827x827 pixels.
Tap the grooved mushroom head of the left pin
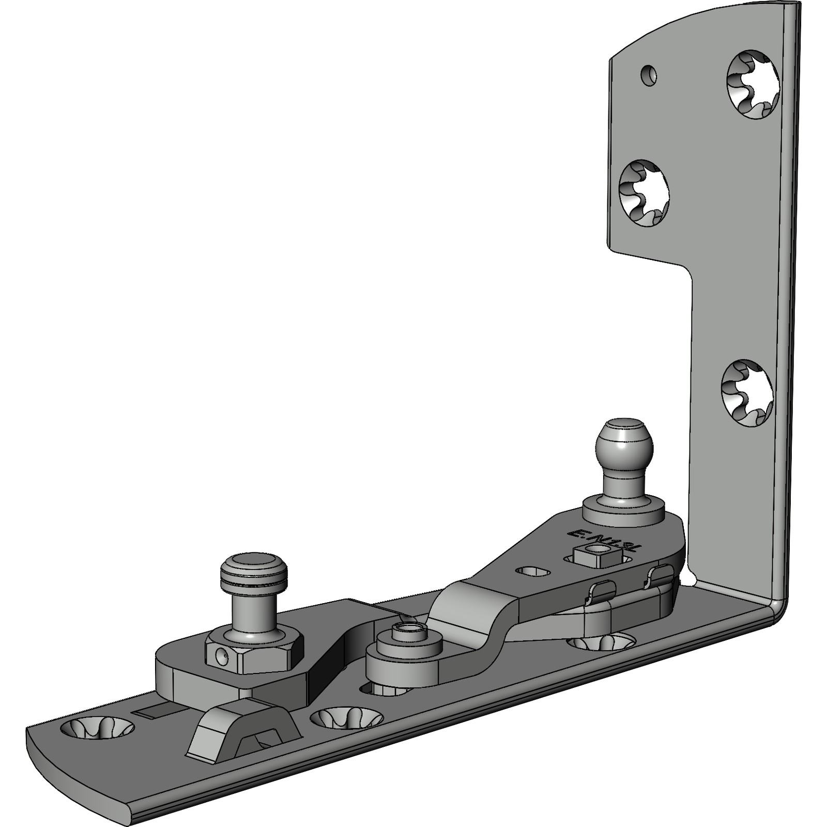(x=251, y=570)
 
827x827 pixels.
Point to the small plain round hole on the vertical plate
(x=647, y=74)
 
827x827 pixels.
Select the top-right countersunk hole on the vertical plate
(x=754, y=85)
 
